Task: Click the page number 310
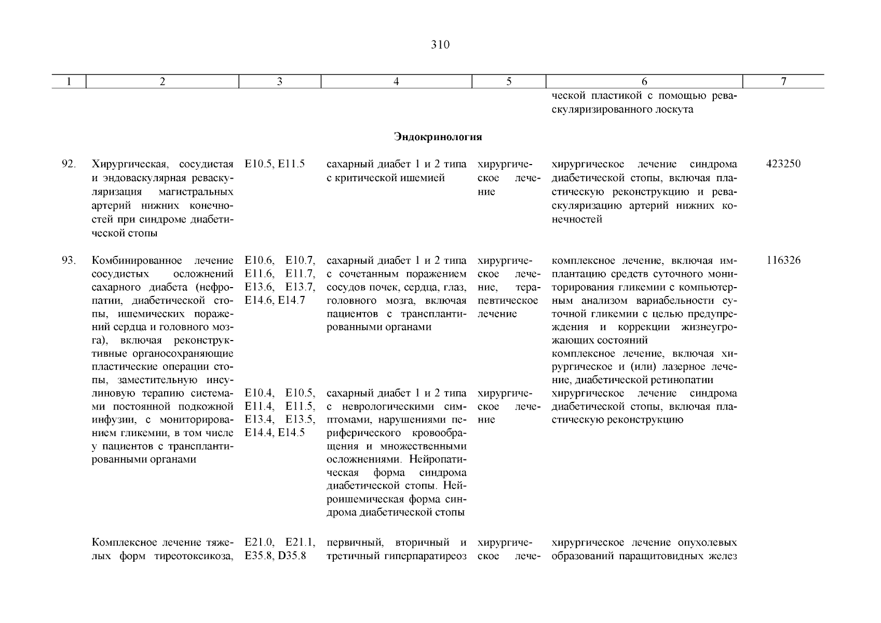point(440,45)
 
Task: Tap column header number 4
point(396,82)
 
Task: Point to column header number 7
point(783,82)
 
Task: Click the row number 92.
point(69,165)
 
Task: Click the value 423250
point(783,165)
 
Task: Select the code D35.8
point(292,557)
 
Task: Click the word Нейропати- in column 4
point(438,459)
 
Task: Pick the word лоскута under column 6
point(675,110)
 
